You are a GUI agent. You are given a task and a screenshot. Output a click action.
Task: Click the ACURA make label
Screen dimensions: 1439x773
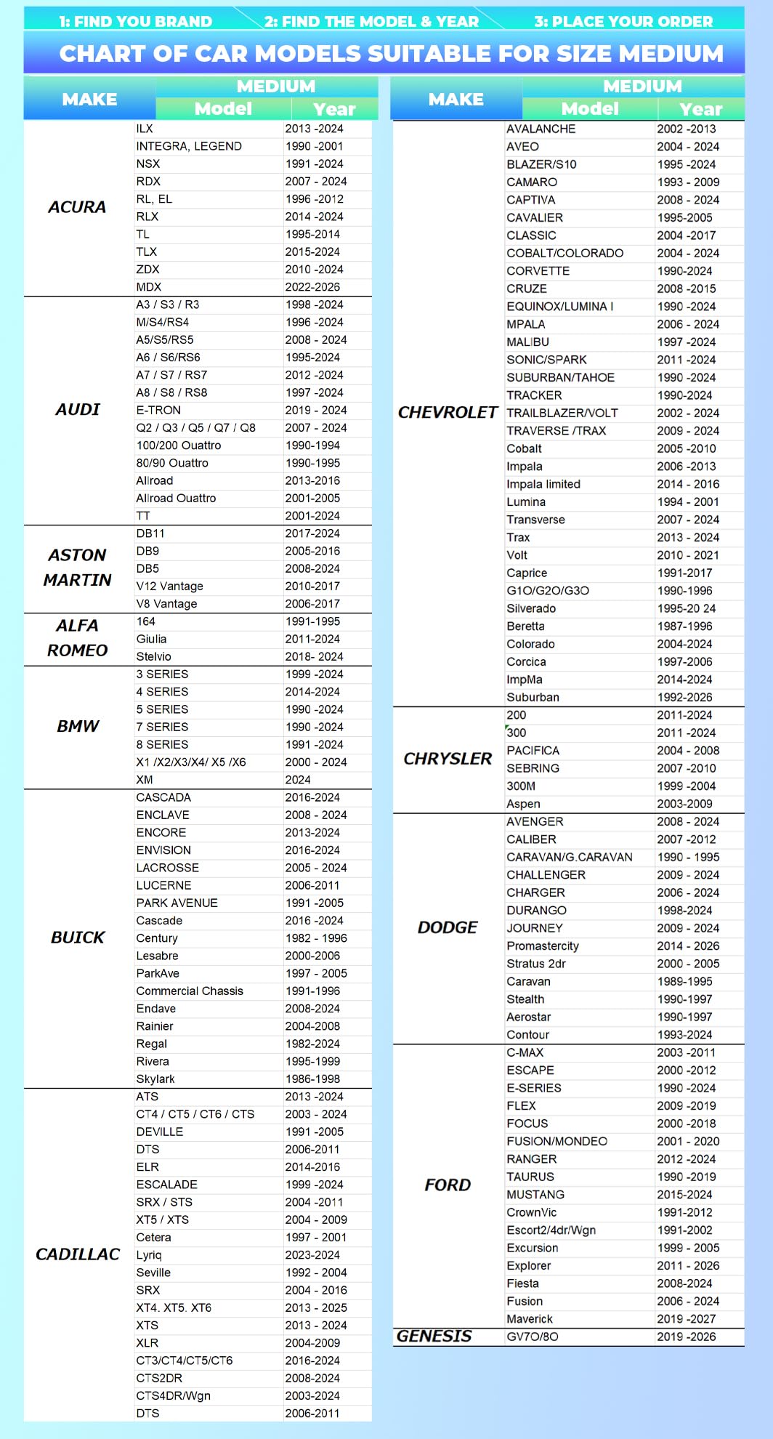click(77, 207)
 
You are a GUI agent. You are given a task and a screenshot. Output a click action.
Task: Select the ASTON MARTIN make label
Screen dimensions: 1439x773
click(77, 568)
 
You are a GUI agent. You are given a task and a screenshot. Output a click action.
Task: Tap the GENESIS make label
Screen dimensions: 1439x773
click(434, 1336)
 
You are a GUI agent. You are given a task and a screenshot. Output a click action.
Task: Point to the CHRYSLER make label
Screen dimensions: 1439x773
click(448, 759)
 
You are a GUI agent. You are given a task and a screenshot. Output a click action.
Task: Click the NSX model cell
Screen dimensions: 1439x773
click(148, 164)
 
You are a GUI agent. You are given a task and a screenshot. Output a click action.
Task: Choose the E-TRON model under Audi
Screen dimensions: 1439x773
click(158, 410)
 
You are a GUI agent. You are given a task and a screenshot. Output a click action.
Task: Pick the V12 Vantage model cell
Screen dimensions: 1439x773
click(169, 586)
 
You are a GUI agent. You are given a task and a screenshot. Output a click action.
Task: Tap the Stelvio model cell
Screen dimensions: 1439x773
click(154, 656)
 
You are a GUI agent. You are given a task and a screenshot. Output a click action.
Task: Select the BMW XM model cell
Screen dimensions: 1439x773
click(145, 779)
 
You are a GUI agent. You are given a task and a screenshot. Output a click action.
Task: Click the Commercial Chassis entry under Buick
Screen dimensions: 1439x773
click(190, 991)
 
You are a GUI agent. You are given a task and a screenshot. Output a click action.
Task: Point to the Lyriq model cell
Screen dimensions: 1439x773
click(149, 1254)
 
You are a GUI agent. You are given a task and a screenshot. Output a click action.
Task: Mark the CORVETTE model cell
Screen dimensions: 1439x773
click(538, 270)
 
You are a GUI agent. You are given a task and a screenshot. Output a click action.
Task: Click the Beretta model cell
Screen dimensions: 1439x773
click(526, 626)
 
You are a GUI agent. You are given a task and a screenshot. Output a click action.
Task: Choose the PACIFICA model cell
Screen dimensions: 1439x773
click(533, 750)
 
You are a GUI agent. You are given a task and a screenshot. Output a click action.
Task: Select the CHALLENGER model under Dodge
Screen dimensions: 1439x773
click(546, 874)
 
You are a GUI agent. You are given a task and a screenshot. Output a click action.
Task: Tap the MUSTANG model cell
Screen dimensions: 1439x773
click(535, 1194)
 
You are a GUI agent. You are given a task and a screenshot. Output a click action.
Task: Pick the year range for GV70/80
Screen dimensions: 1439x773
click(687, 1337)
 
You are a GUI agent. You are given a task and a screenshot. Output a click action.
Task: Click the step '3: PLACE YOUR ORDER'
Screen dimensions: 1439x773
click(623, 21)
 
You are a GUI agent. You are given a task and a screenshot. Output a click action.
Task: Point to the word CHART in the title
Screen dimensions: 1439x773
click(101, 53)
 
